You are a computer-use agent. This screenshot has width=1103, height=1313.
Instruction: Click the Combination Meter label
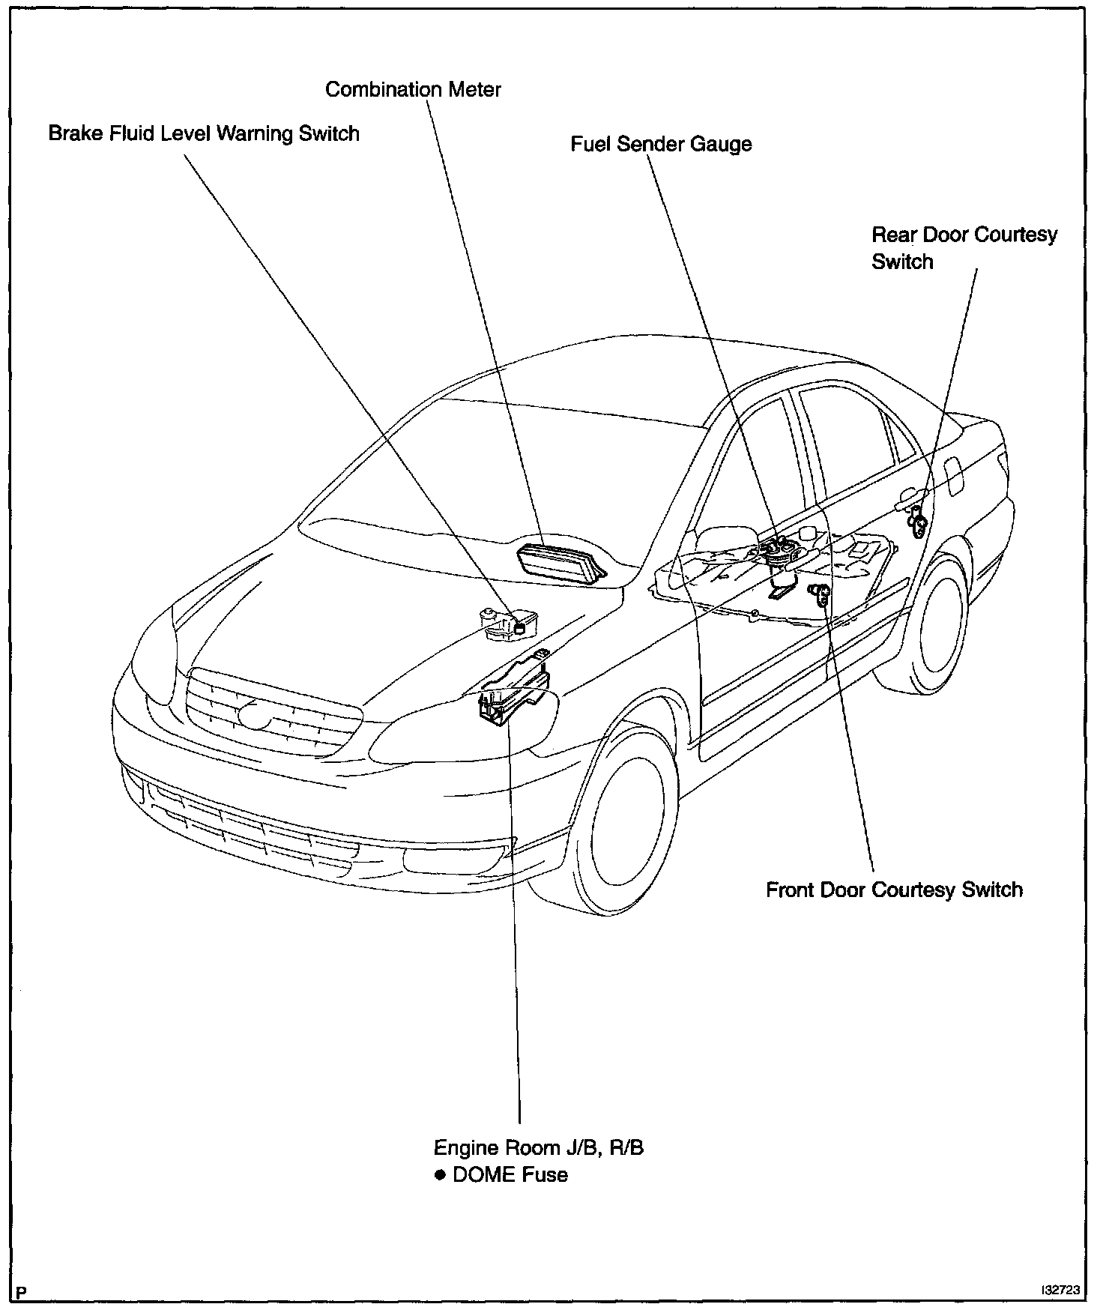tap(413, 90)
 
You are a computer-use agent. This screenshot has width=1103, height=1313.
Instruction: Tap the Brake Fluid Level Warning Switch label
tap(204, 134)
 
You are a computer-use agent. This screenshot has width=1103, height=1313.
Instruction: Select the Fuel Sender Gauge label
tap(661, 144)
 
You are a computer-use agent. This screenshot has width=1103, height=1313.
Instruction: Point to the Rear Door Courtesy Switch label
tap(964, 248)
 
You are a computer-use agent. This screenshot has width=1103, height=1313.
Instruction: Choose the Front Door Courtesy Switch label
tap(894, 890)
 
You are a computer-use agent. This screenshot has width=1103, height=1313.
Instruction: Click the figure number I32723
tap(1059, 1290)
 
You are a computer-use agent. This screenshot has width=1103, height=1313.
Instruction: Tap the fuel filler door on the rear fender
tap(954, 473)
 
